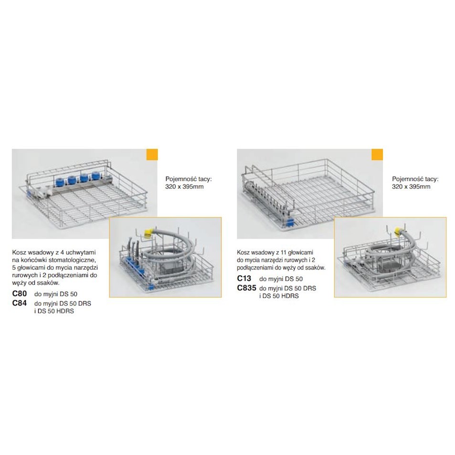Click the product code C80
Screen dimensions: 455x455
tap(20, 293)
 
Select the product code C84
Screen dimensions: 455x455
tap(20, 303)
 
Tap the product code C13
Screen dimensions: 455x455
tap(244, 278)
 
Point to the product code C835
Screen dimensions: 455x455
tap(247, 288)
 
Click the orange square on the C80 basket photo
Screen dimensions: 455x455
tap(152, 154)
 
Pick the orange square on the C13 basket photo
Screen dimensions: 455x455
tap(377, 154)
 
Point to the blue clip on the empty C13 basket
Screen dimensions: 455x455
tap(289, 223)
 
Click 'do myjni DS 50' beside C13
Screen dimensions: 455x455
tap(281, 279)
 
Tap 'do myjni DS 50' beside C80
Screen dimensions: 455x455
tap(56, 294)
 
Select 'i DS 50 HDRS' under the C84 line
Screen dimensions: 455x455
tap(54, 311)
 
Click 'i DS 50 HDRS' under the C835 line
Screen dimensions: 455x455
tap(279, 296)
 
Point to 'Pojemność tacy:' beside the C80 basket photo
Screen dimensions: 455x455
tap(189, 179)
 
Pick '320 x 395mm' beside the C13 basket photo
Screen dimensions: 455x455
tap(411, 187)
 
